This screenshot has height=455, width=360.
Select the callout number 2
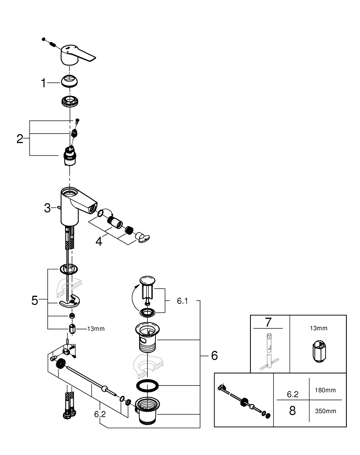click(20, 139)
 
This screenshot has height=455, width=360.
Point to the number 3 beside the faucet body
click(47, 208)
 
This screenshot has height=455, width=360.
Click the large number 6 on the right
click(214, 355)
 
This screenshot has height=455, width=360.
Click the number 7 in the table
click(268, 323)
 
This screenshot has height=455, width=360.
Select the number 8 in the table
click(292, 410)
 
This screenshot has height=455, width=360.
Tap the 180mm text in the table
click(325, 390)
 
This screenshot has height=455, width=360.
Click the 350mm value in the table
click(325, 411)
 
